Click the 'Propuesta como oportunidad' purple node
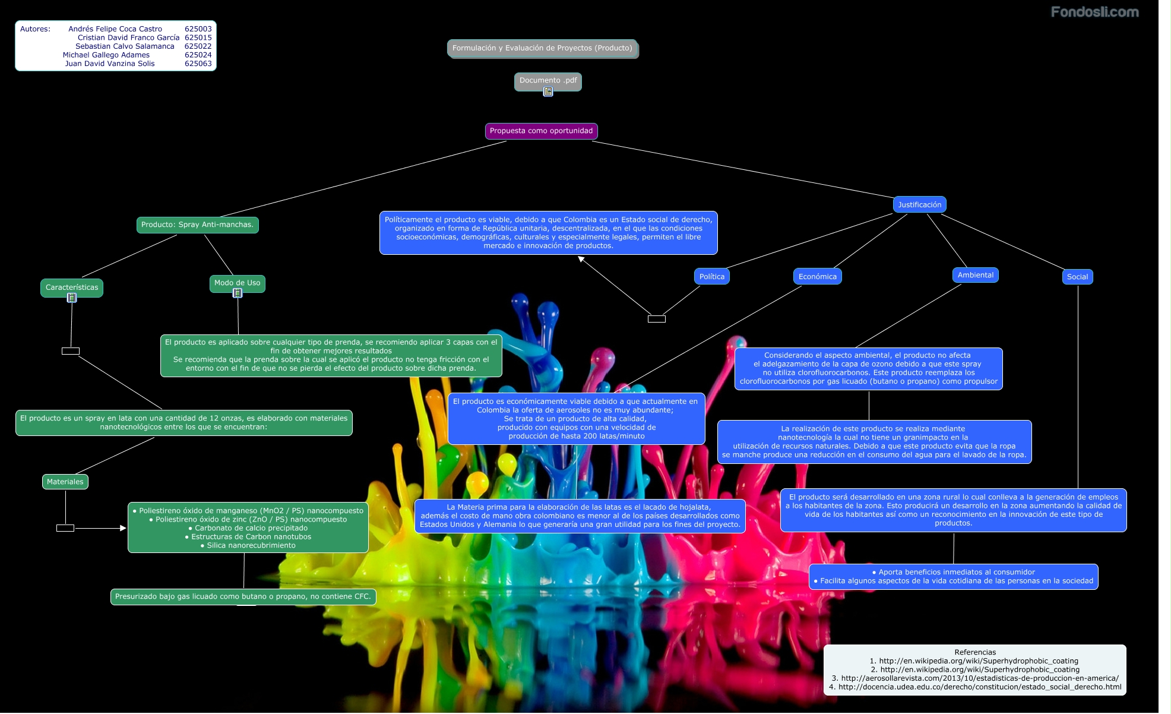click(x=541, y=131)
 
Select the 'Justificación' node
click(x=919, y=205)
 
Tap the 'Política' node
click(x=711, y=277)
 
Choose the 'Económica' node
click(x=817, y=277)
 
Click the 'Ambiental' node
click(x=975, y=275)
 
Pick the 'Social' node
click(x=1077, y=277)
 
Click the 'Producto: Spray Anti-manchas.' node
click(x=197, y=225)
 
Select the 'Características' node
click(x=72, y=288)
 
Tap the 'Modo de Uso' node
click(x=237, y=283)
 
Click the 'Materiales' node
click(x=65, y=482)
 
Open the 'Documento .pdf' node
click(x=547, y=80)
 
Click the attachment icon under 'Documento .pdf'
click(x=548, y=91)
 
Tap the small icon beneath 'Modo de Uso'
click(x=238, y=293)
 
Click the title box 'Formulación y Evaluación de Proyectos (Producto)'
click(x=542, y=48)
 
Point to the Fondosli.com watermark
click(x=1094, y=12)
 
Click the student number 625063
click(x=198, y=64)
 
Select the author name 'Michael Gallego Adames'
click(x=106, y=55)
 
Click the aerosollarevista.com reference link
click(x=979, y=678)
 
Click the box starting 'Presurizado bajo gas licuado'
click(x=243, y=596)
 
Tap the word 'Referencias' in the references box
click(x=975, y=652)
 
